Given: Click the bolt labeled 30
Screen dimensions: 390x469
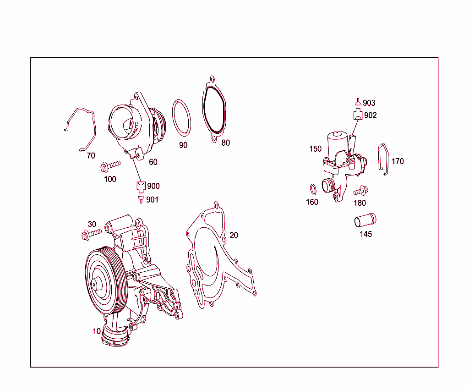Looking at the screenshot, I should (92, 235).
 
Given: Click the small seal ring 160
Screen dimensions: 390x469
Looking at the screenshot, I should (312, 189).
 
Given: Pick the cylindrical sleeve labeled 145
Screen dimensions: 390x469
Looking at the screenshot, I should (365, 220).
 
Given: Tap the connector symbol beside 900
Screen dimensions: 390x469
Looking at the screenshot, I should (141, 186).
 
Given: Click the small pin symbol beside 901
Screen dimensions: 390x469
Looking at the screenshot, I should (141, 199).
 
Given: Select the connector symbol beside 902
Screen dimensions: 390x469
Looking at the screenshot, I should (358, 115).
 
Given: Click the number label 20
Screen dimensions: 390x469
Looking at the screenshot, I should (234, 235).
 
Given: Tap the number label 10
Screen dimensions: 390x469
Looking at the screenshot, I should (97, 331).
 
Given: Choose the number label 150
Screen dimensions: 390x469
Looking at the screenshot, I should (316, 149).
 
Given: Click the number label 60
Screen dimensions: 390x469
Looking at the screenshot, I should (153, 162).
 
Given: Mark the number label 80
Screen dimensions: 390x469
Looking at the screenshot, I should (225, 143).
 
